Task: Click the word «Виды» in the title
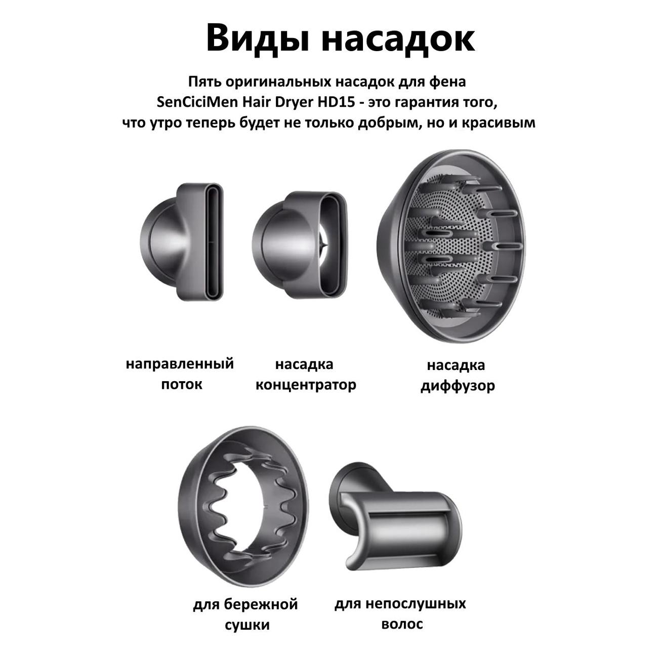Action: [x=258, y=38]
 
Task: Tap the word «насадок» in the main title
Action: [x=398, y=39]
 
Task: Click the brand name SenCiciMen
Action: [x=197, y=102]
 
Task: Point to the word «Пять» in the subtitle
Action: [x=204, y=81]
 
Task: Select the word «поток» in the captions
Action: [x=181, y=385]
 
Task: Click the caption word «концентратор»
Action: [x=306, y=385]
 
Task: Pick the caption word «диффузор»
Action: [x=458, y=386]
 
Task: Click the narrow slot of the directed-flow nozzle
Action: [x=214, y=242]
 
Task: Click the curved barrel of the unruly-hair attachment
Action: [x=412, y=527]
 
